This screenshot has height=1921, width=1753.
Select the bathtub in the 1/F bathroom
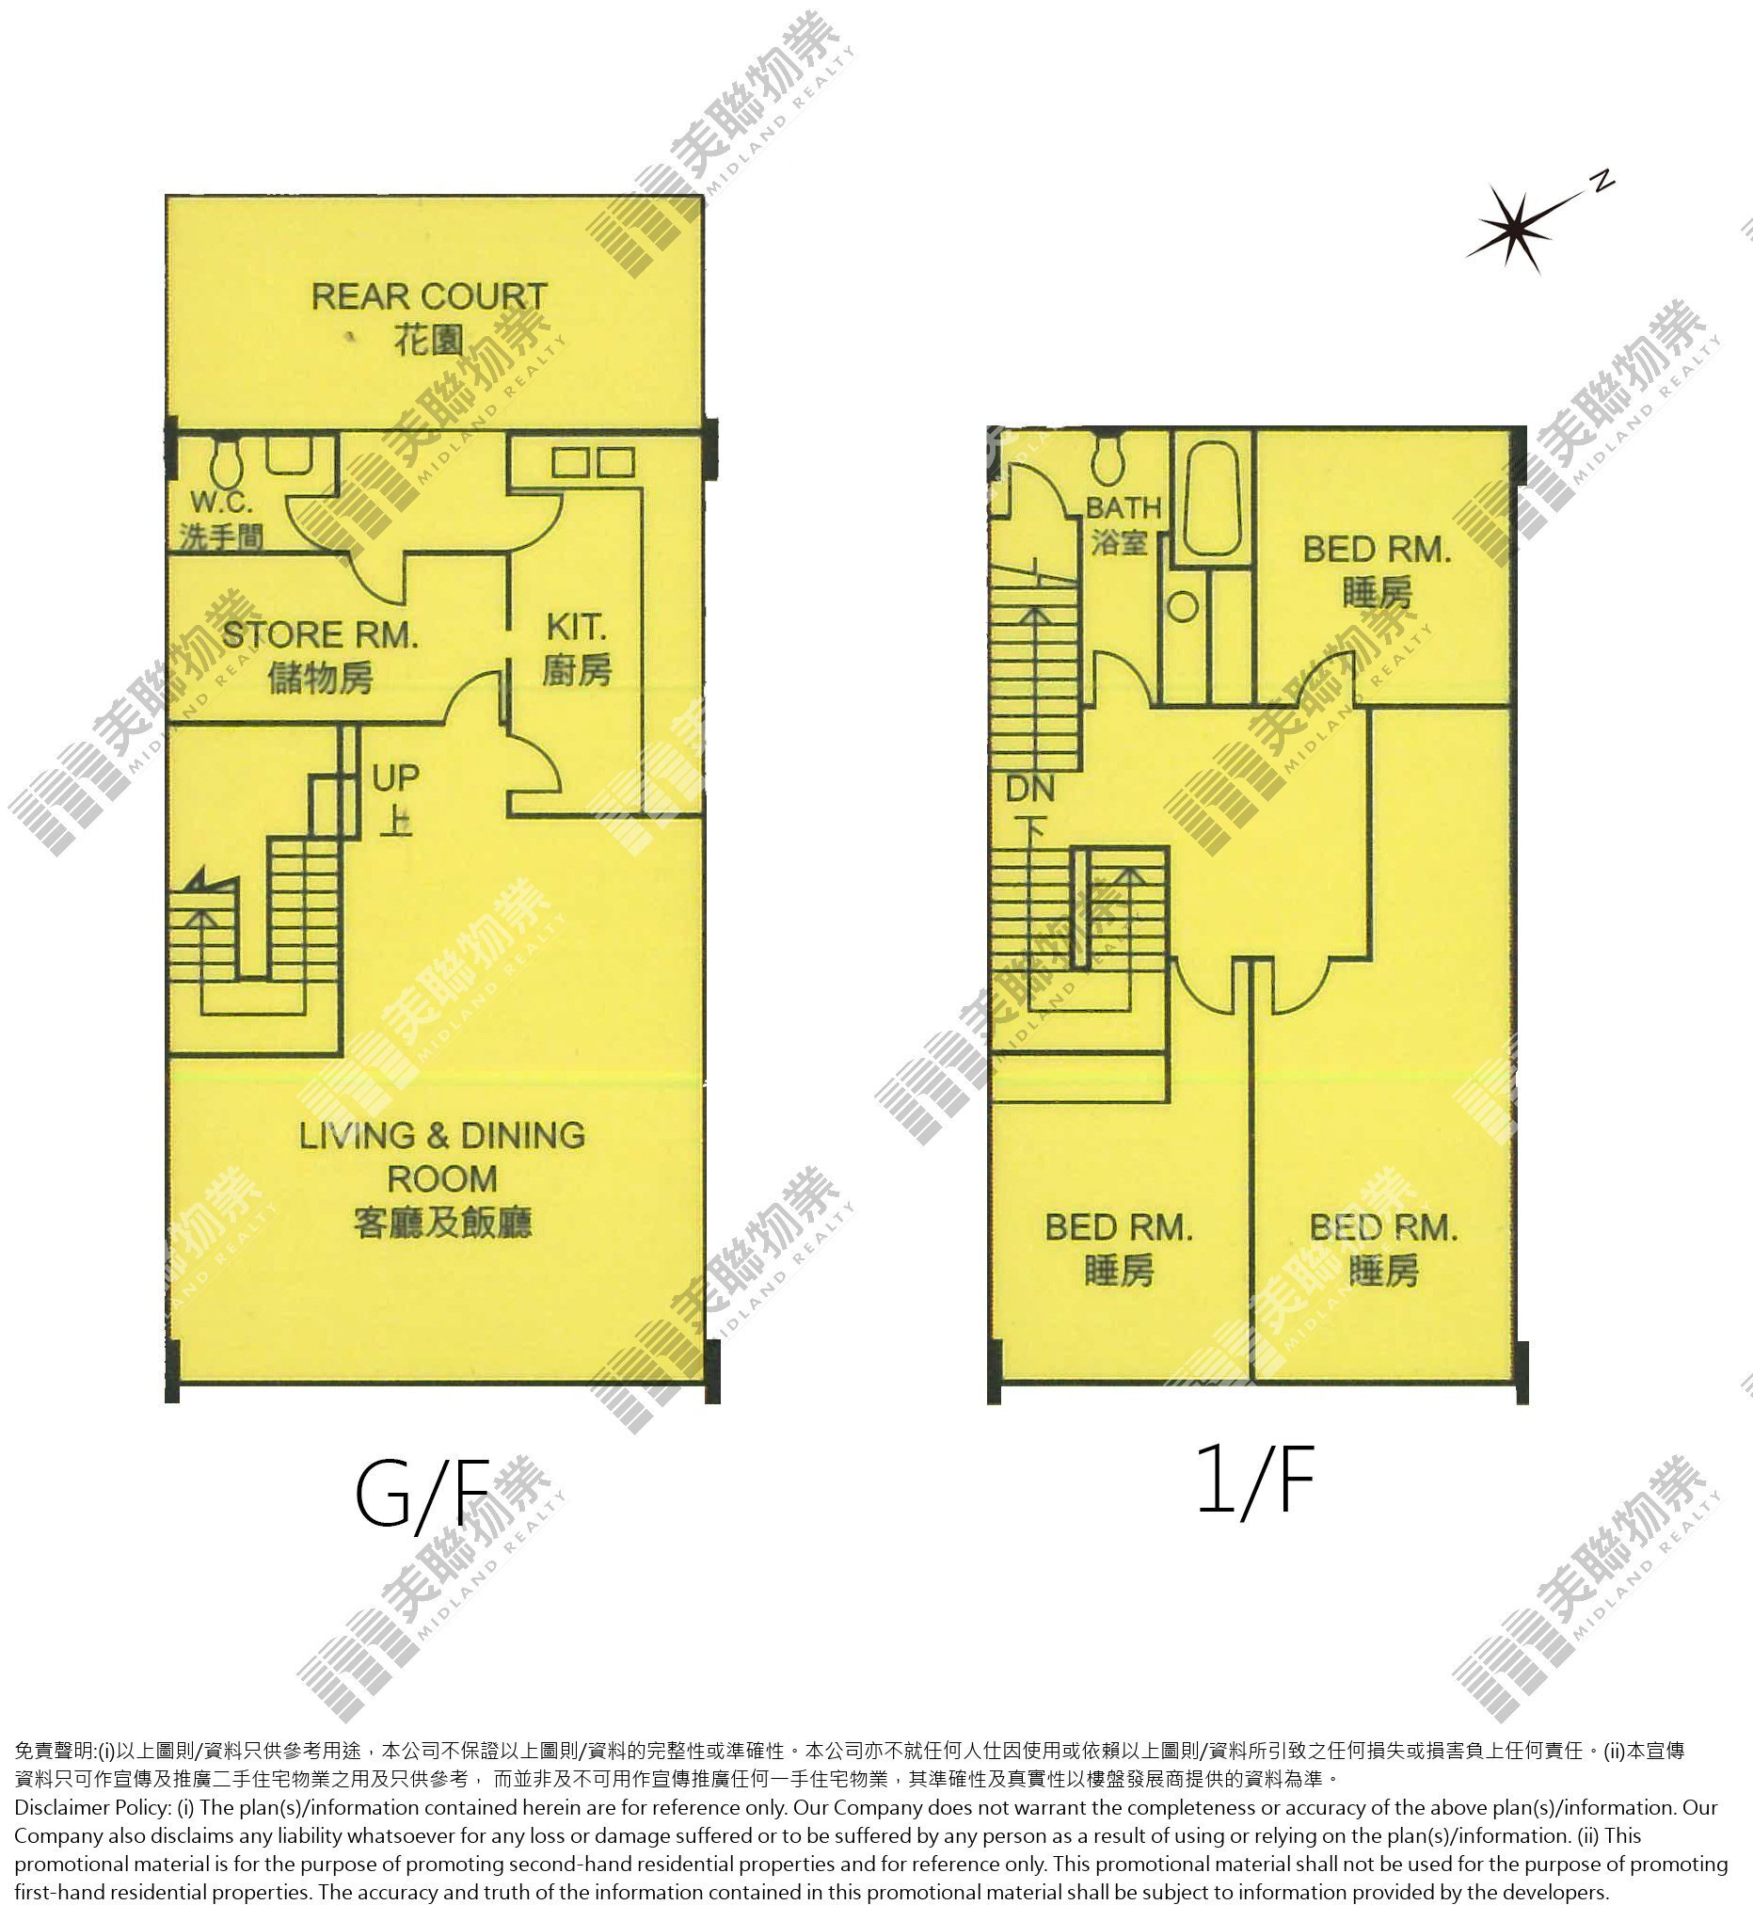point(1212,498)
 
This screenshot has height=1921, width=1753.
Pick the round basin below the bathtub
point(1183,607)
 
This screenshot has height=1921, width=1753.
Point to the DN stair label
point(1030,789)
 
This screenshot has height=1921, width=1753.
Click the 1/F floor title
point(1255,1479)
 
